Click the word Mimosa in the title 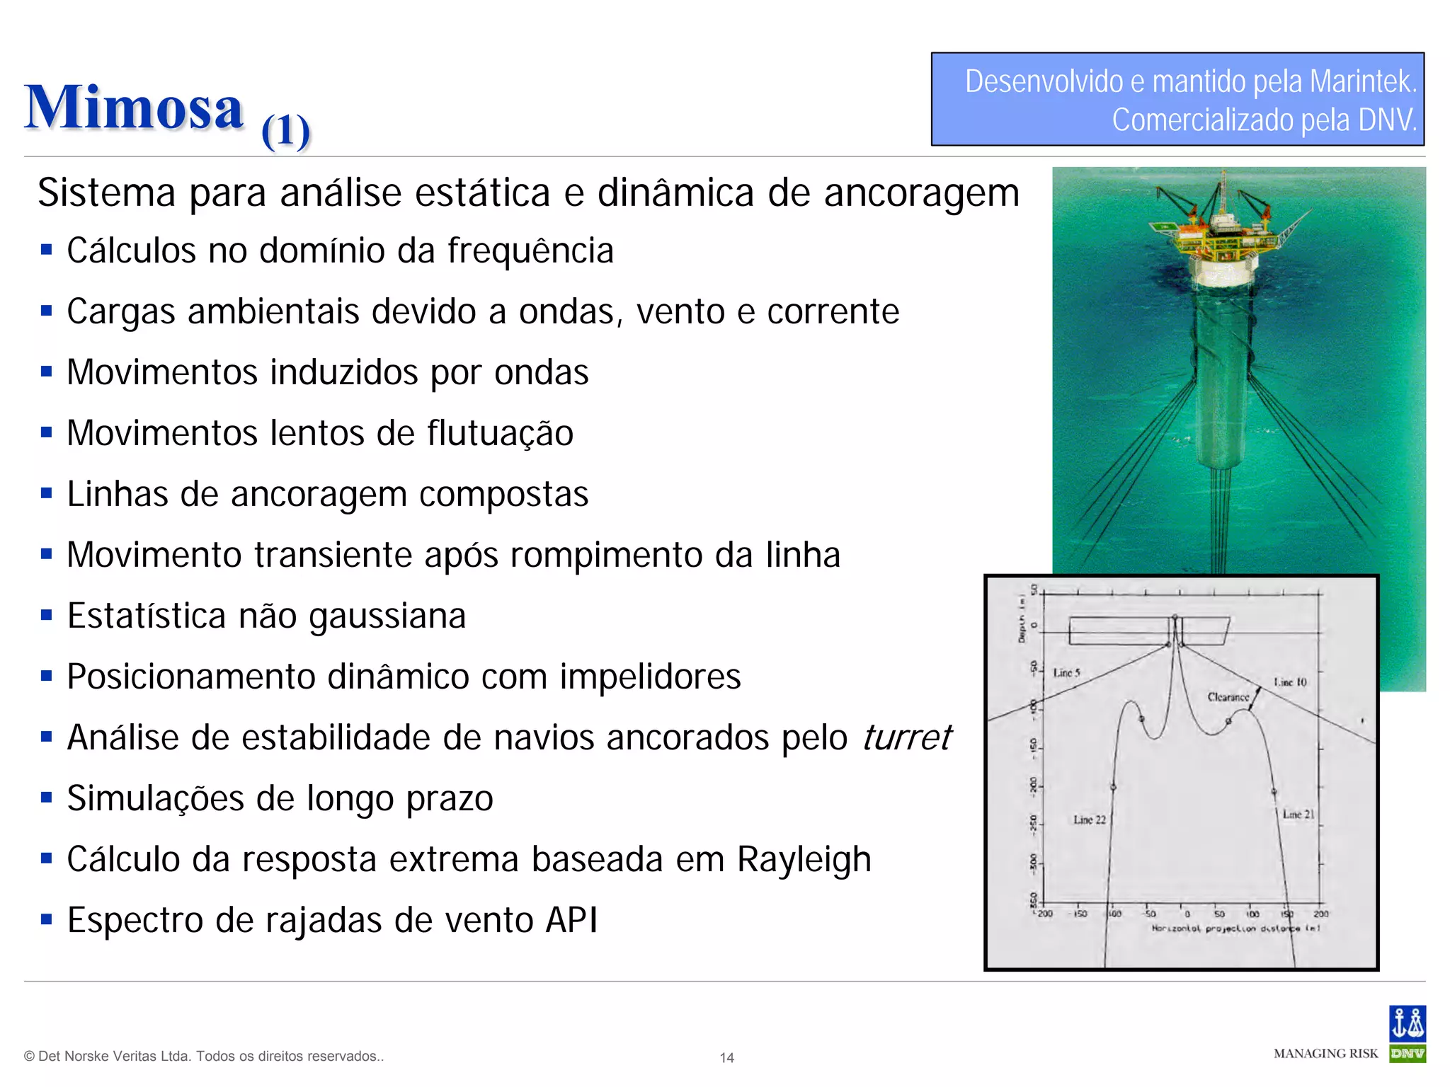click(134, 108)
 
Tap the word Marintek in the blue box click(1362, 81)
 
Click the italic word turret click(907, 737)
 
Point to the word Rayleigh click(804, 859)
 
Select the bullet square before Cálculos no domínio click(47, 250)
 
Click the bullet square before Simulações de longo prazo click(47, 798)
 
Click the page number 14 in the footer click(726, 1058)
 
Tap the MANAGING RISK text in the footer click(1325, 1054)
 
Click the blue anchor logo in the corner click(1407, 1023)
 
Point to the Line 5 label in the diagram click(1066, 672)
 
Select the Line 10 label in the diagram click(1290, 682)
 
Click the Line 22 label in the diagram click(1089, 819)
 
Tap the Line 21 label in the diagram click(1298, 815)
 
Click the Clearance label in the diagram click(1228, 697)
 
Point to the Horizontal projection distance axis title click(1235, 928)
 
